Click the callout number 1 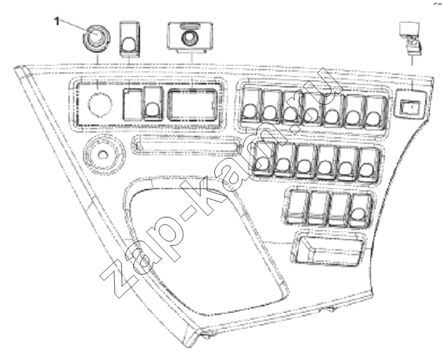tap(57, 21)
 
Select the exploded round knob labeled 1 tap(96, 38)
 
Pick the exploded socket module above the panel tap(190, 37)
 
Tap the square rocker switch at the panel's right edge tap(409, 103)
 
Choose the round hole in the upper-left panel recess tap(100, 104)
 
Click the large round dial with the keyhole tap(104, 154)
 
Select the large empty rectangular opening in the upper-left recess tap(192, 105)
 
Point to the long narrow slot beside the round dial tap(186, 145)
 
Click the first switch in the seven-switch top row tap(251, 107)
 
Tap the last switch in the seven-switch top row tap(376, 111)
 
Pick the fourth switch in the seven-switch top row tap(312, 110)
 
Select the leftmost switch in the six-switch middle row tap(264, 159)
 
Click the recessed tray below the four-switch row tap(329, 249)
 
